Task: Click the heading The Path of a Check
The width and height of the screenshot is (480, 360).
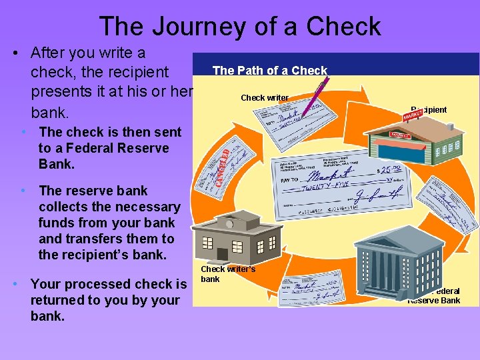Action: pyautogui.click(x=269, y=70)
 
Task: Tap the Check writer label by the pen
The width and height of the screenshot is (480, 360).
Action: pyautogui.click(x=264, y=98)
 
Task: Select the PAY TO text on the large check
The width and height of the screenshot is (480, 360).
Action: pyautogui.click(x=288, y=181)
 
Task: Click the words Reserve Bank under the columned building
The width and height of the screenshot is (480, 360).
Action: pyautogui.click(x=433, y=301)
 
